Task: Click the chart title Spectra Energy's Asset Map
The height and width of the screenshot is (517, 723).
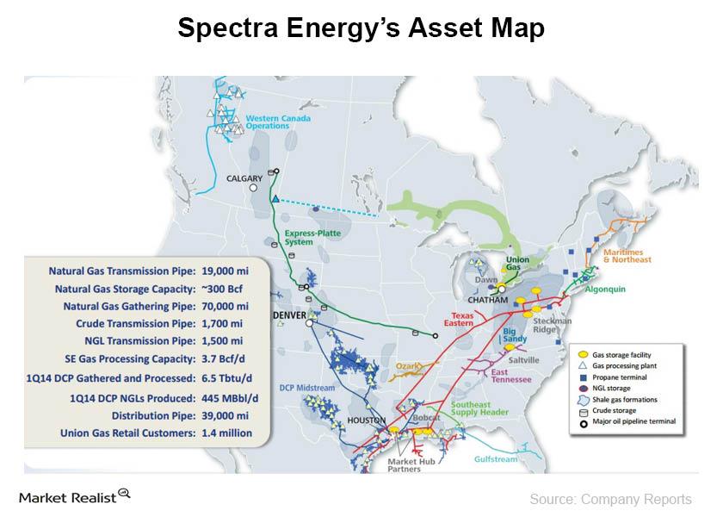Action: point(361,28)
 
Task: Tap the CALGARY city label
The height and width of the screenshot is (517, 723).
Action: point(244,178)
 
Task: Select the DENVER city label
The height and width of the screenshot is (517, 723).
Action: point(289,316)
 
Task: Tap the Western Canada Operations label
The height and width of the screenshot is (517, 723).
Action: point(268,121)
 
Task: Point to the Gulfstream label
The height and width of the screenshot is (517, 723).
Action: point(497,459)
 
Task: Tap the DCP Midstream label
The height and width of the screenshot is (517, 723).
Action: point(306,389)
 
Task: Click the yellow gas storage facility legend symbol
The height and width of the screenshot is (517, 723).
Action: point(583,355)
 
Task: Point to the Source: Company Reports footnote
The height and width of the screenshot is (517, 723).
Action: point(609,499)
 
